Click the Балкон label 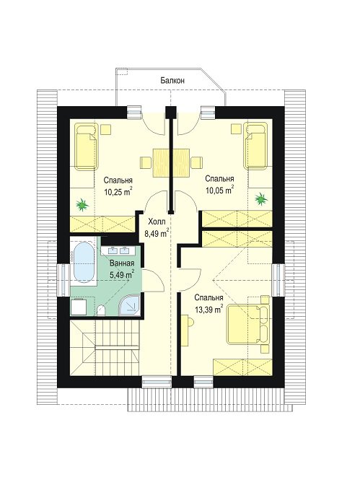point(172,80)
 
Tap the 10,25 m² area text point(118,191)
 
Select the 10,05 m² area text point(219,191)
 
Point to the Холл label point(157,222)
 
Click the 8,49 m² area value point(157,233)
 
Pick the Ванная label point(121,263)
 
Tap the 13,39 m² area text point(208,309)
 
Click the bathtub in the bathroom point(84,262)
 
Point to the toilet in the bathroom point(102,310)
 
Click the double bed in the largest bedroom point(247,324)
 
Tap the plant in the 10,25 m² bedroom point(82,204)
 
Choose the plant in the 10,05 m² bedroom point(261,199)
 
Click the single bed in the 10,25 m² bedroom point(87,146)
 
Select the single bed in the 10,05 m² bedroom point(255,146)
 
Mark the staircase point(105,348)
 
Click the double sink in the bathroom point(120,250)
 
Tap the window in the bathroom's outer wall point(63,280)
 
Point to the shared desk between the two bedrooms point(172,163)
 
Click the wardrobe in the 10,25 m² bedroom point(102,223)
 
